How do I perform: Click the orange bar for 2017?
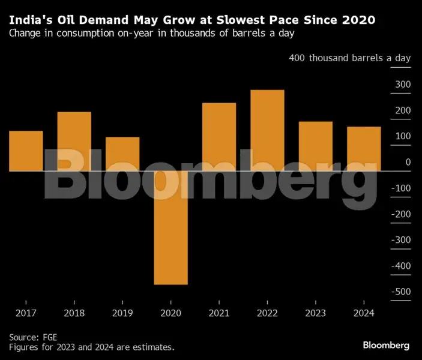(26, 151)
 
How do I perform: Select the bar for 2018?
(74, 142)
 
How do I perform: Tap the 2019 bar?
(122, 154)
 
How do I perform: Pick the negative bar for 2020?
(170, 227)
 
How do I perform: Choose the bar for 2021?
(219, 137)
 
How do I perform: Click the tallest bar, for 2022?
(267, 130)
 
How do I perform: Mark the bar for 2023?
(316, 146)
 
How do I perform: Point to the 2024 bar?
(364, 149)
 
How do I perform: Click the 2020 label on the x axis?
(170, 313)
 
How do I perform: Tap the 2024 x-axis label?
(364, 313)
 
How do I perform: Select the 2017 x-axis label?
(26, 313)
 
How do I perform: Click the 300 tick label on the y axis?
(403, 85)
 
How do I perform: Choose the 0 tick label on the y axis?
(408, 163)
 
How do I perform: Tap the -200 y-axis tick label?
(401, 214)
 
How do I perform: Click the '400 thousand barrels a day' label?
(350, 58)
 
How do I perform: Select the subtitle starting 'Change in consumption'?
(151, 34)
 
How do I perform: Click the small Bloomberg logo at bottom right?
(386, 345)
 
